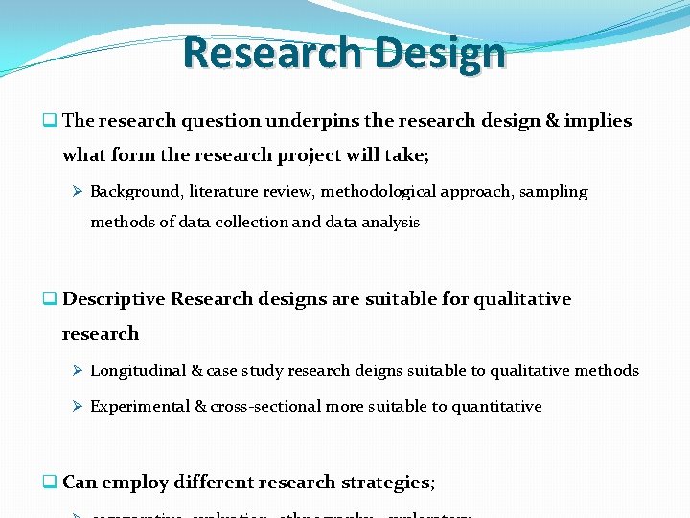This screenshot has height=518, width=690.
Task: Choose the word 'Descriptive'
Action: tap(114, 299)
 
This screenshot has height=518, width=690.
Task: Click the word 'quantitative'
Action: tap(496, 407)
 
